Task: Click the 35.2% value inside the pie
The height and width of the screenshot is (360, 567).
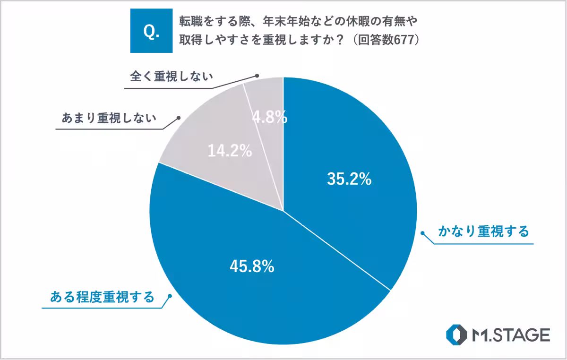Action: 349,179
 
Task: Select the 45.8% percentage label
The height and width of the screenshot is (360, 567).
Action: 252,266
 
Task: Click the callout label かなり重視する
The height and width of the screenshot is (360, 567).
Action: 483,232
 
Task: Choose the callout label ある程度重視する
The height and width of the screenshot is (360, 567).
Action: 102,297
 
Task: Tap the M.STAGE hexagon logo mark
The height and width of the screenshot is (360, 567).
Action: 456,335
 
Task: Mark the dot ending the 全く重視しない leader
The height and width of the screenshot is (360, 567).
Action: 258,75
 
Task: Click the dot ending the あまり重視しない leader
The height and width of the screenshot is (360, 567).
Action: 178,117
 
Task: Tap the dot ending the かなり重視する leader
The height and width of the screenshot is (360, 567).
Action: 423,232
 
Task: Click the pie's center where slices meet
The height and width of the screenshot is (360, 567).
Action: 283,211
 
